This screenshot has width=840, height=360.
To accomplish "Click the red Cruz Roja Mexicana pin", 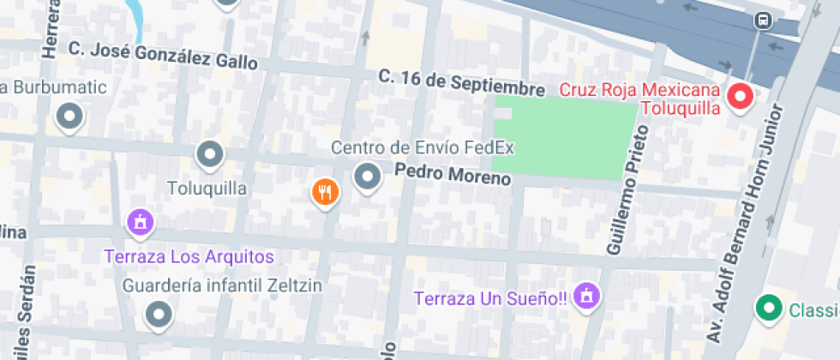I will tap(740, 98).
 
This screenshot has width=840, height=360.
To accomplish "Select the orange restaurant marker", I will tap(325, 192).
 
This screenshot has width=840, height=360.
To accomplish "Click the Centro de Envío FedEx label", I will tap(423, 147).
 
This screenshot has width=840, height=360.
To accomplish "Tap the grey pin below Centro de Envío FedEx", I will tap(368, 177).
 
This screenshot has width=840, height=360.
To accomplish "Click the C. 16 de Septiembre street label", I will tap(462, 83).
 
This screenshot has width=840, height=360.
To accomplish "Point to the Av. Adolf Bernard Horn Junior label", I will tap(742, 219).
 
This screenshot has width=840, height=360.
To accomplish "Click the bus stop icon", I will tap(761, 20).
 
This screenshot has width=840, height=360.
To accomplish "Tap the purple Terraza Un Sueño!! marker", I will tap(587, 297).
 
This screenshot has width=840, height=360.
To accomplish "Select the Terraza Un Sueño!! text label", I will tap(491, 299).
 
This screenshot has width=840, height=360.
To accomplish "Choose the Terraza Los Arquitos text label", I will tap(189, 256).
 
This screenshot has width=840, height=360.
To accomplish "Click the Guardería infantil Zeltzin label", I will tap(223, 285).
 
